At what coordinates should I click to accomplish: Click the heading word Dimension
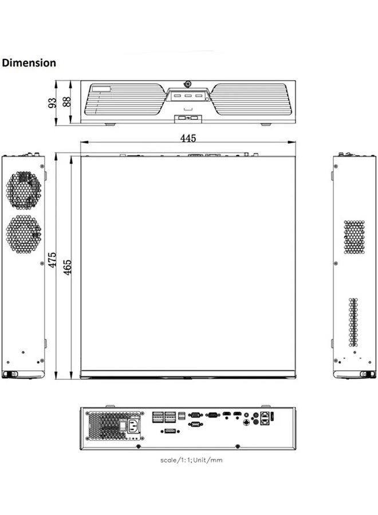[29, 63]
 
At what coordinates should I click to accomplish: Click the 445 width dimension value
[188, 138]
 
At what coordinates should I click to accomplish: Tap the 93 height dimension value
[53, 103]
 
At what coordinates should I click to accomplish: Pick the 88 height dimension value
[66, 102]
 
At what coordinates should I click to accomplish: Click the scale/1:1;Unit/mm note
[191, 459]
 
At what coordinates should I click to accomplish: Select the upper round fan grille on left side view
[23, 190]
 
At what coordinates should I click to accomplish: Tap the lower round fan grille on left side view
[23, 233]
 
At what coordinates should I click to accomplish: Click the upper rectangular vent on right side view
[354, 237]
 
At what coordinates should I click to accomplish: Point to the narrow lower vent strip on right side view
[353, 322]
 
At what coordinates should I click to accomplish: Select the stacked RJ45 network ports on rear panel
[265, 417]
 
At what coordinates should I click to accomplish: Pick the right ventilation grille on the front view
[250, 99]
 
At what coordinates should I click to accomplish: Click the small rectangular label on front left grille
[101, 88]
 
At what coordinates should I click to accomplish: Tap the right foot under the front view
[266, 124]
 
